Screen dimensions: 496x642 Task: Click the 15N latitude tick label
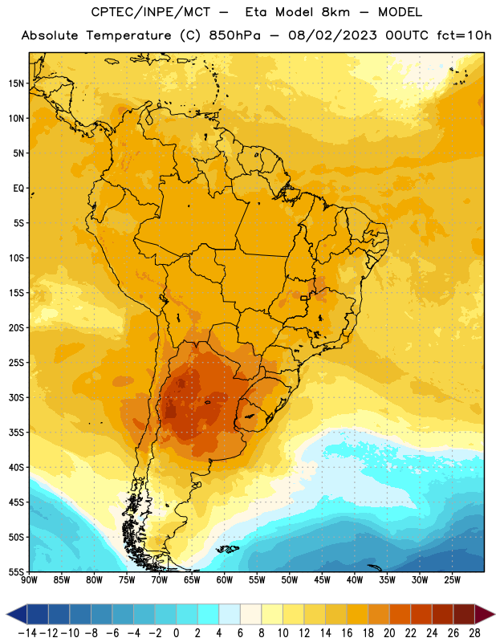(x=16, y=83)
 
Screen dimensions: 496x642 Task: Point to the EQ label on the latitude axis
(x=18, y=189)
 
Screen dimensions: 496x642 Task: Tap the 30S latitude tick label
(x=16, y=397)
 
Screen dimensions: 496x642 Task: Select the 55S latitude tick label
(x=16, y=571)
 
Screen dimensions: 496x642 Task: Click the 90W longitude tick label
(x=29, y=580)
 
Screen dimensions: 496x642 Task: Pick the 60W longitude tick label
(x=225, y=580)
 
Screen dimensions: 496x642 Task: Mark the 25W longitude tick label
(x=452, y=580)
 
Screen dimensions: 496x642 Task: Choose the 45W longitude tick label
(x=322, y=580)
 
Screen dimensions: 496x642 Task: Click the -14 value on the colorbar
(x=27, y=633)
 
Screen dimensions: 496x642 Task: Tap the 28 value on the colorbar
(x=474, y=633)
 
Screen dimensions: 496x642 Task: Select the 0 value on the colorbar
(x=176, y=633)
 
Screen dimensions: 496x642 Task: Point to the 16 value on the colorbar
(x=347, y=633)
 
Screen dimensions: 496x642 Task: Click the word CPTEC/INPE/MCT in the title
(x=151, y=12)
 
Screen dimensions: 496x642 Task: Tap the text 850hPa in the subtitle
(x=234, y=35)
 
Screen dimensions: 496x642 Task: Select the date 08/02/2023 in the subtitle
(x=332, y=35)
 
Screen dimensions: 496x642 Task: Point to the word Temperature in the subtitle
(x=128, y=35)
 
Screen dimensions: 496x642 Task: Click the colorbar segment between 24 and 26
(x=442, y=614)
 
